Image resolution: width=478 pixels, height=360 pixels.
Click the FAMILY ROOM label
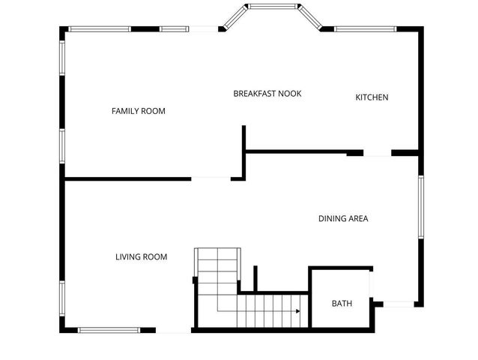click(138, 111)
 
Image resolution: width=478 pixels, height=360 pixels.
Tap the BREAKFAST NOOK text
click(267, 94)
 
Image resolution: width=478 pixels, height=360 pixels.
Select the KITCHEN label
click(372, 97)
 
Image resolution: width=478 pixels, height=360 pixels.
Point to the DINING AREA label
click(343, 219)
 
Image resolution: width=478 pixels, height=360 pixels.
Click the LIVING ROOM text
click(141, 256)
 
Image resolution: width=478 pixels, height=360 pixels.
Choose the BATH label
click(342, 304)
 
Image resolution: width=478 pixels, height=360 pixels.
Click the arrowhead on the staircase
click(297, 310)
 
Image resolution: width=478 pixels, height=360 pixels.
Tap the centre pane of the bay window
click(273, 7)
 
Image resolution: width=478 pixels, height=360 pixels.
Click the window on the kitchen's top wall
click(365, 29)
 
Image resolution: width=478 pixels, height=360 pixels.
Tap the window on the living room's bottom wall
click(109, 329)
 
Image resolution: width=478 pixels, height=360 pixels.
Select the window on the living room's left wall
click(62, 304)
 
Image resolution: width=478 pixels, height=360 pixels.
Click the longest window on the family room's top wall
click(100, 29)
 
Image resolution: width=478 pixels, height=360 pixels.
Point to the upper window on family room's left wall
click(62, 63)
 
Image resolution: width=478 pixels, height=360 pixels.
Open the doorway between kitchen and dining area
click(377, 153)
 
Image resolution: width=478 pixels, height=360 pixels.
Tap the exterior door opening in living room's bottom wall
click(174, 330)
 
